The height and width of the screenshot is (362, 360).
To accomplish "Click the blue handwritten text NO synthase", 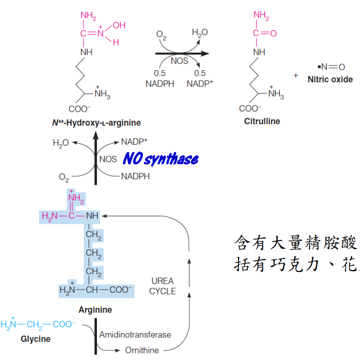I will tap(160, 159).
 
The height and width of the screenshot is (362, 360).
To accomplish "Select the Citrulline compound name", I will tap(262, 121).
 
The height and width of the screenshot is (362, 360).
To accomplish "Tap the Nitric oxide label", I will tap(330, 79).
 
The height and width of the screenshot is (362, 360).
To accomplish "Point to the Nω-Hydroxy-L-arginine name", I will tap(96, 123).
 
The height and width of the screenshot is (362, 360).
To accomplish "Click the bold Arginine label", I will tap(95, 310).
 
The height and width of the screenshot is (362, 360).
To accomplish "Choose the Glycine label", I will tap(35, 339).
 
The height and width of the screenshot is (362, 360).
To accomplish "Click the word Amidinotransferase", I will tap(135, 335).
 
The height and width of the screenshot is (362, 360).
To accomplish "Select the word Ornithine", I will tap(142, 350).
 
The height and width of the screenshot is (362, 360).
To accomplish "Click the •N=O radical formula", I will tap(331, 67).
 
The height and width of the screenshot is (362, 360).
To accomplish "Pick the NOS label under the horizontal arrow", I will tap(179, 61).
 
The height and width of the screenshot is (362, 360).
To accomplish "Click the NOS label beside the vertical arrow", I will tap(108, 159).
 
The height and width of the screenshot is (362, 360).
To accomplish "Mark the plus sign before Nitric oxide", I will tap(296, 75).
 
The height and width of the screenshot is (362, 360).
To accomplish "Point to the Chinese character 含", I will tap(241, 243).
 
